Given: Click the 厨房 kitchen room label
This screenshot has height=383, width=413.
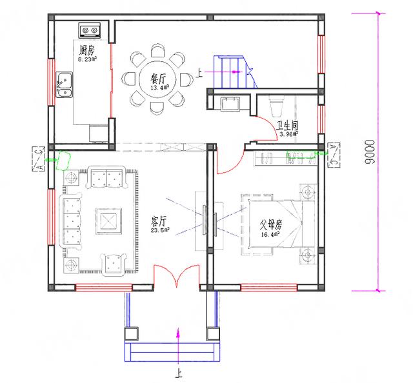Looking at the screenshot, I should point(86,50).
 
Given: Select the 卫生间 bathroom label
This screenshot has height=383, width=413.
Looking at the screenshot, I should point(287,126).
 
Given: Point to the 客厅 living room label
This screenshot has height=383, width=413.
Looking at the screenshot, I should point(158,221).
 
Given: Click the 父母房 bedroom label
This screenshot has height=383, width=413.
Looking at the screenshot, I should point(271,226).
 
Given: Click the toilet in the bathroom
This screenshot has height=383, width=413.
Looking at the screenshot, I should point(275,103).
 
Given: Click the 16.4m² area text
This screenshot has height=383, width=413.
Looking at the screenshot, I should point(272,234).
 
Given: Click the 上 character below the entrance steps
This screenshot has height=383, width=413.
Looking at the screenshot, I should point(177,373).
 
